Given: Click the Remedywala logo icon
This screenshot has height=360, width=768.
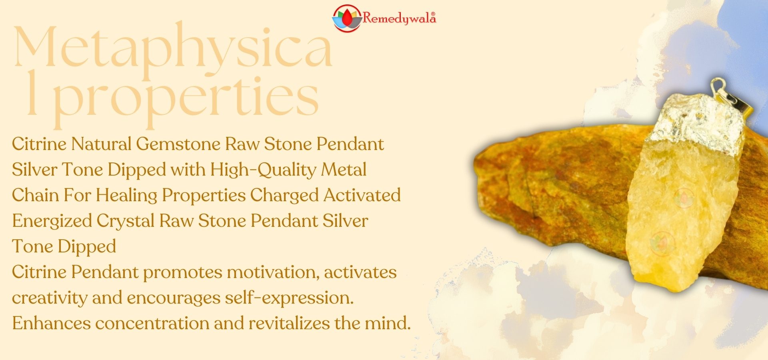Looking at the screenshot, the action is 347,18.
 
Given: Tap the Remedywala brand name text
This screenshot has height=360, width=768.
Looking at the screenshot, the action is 399,18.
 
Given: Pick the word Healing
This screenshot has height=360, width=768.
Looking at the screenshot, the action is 126,196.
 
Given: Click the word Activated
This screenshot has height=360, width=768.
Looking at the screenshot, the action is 362,195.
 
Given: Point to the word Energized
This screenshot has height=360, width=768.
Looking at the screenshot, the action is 52,221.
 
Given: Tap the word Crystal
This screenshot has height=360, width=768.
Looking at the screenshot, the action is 126,221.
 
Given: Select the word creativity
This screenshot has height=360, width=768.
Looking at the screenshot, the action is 50,298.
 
